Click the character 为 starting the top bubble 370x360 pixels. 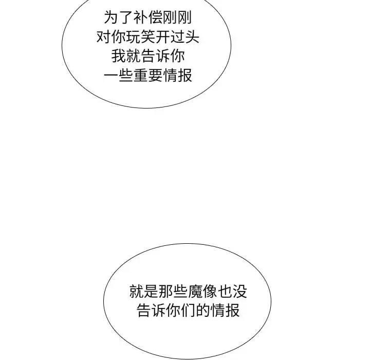click(x=111, y=19)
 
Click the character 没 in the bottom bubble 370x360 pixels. click(x=240, y=293)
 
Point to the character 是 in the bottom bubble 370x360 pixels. click(x=152, y=293)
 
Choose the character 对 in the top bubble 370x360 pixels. click(x=103, y=38)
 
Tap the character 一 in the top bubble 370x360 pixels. click(x=111, y=76)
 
